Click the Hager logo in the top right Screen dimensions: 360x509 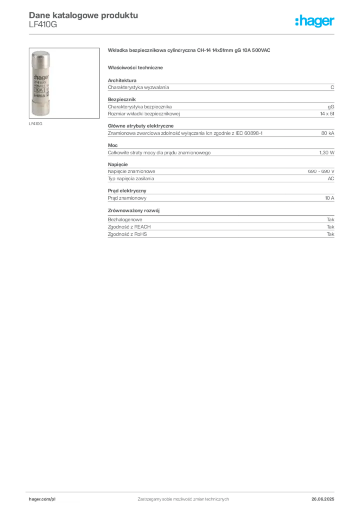pos(315,21)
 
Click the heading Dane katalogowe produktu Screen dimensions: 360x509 pos(84,15)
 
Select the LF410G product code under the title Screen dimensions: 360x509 pos(43,25)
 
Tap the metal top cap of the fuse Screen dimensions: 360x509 pos(41,58)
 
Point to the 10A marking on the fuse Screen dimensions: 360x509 pos(39,90)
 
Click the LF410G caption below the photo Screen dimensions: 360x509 pos(36,124)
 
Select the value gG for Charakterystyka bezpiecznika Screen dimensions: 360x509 pos(331,107)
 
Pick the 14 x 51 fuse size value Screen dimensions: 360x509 pos(327,114)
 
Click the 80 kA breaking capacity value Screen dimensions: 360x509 pos(328,133)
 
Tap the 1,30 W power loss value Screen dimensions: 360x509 pos(327,152)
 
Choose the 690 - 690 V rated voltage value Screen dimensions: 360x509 pos(321,171)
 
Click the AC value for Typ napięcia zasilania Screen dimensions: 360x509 pos(331,179)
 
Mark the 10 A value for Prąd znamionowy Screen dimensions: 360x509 pos(330,198)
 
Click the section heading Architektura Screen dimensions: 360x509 pos(122,80)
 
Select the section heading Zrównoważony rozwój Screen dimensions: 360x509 pos(134,210)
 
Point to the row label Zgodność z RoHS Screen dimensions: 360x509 pos(127,234)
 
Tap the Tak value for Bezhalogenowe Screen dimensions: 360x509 pos(331,219)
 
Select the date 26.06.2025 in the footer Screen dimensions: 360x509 pos(323,499)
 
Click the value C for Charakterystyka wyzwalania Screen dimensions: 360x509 pos(332,87)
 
